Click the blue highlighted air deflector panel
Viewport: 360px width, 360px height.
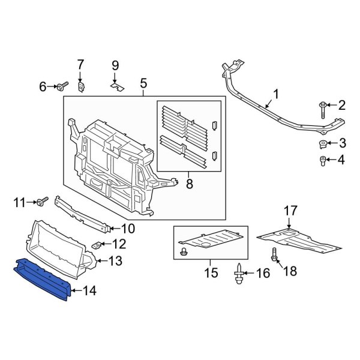tap(45, 272)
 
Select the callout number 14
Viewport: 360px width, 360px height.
tap(89, 292)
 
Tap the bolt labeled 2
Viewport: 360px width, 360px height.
tap(322, 109)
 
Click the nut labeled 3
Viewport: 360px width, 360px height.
tap(322, 143)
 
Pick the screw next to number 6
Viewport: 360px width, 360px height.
tap(63, 87)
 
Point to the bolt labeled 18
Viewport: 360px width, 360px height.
tap(274, 256)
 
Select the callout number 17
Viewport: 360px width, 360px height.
tap(290, 211)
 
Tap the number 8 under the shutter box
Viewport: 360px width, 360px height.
tap(190, 184)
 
